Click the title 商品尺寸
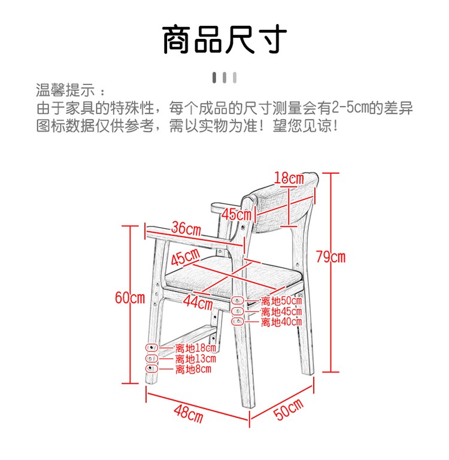click(x=224, y=40)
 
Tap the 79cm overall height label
click(x=330, y=257)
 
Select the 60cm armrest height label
click(x=130, y=298)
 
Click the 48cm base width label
click(x=189, y=414)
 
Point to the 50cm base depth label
click(x=289, y=409)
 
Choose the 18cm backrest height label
click(x=289, y=178)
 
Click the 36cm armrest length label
click(x=186, y=228)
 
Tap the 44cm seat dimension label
click(x=198, y=302)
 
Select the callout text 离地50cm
click(x=281, y=301)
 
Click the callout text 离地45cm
click(x=281, y=311)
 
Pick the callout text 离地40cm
click(x=281, y=322)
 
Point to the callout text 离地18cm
click(x=196, y=348)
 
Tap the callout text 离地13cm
click(x=196, y=359)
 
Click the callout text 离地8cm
click(x=193, y=369)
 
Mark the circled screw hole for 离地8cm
click(x=151, y=368)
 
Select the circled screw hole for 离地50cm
click(x=237, y=301)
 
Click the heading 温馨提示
click(x=65, y=90)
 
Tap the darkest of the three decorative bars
click(x=214, y=78)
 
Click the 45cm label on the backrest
click(x=236, y=214)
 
